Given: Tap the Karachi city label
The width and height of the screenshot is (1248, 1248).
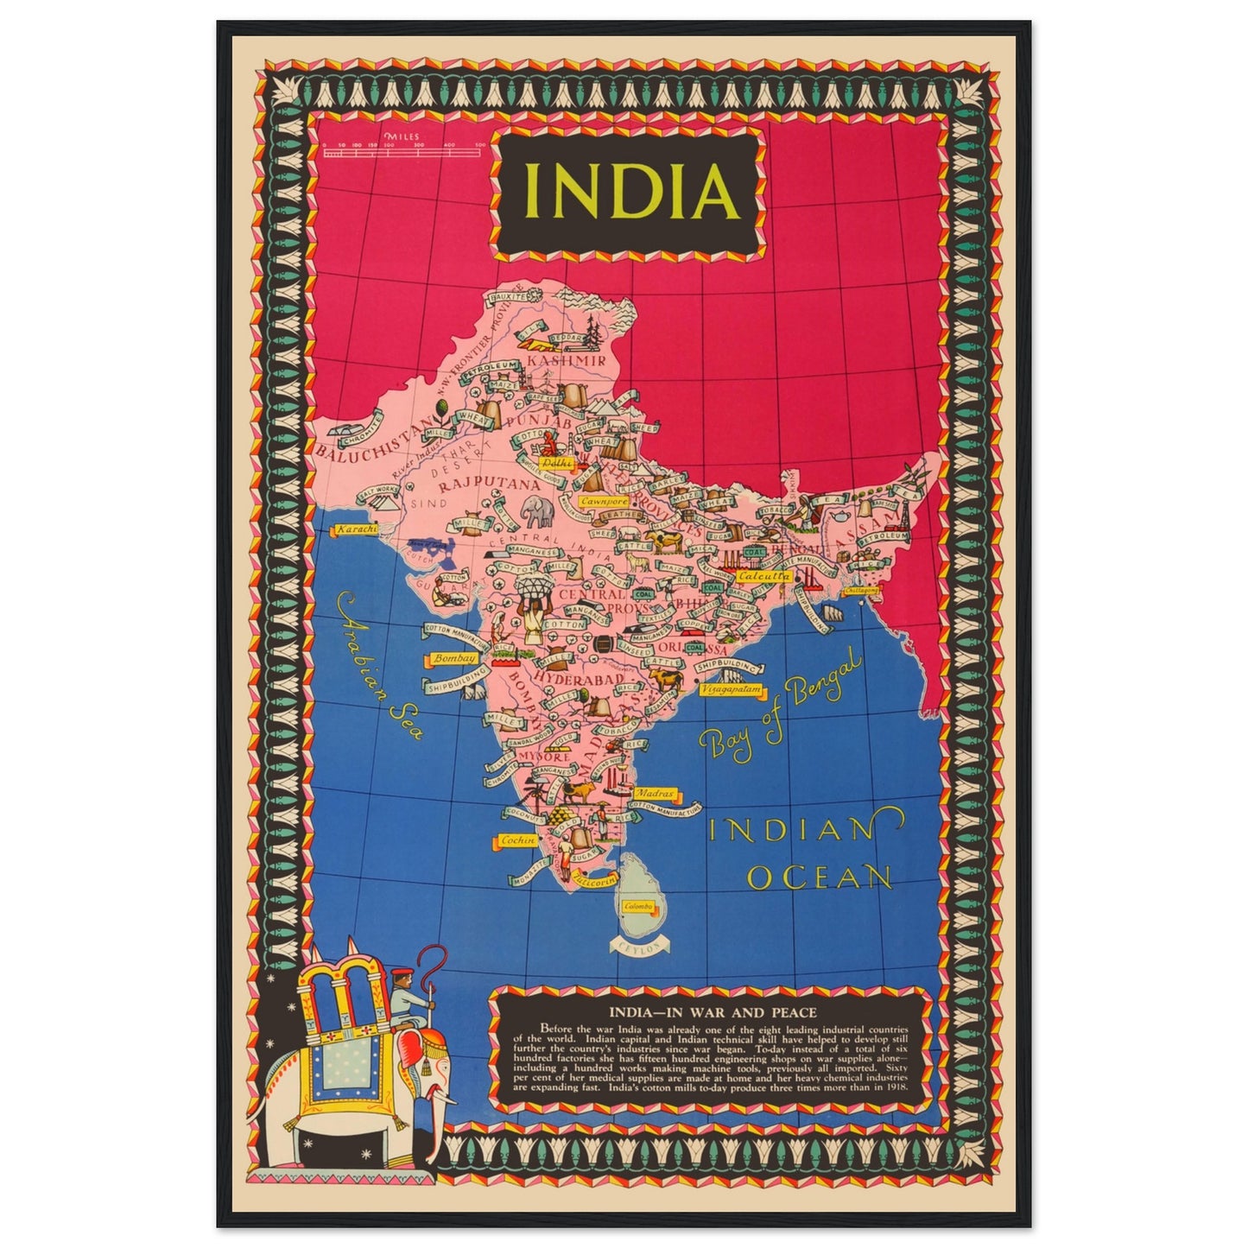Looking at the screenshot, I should (354, 529).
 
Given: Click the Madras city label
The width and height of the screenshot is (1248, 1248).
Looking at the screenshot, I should (654, 793).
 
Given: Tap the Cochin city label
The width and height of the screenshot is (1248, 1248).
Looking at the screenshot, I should (519, 839).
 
